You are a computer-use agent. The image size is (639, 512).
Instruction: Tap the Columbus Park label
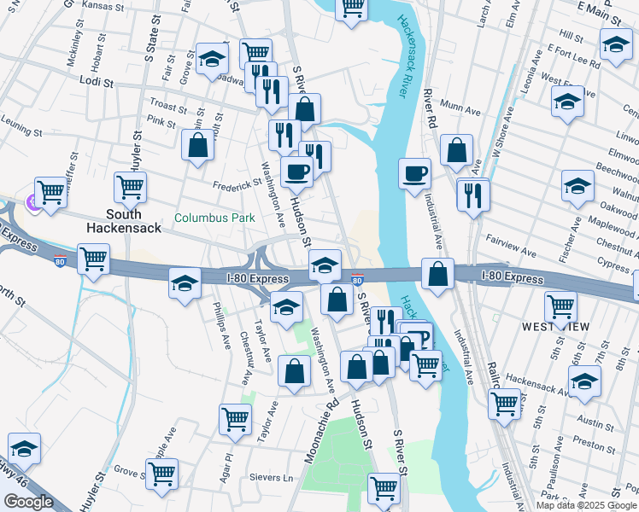tap(214, 218)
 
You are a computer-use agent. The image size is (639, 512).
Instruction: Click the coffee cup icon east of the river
tap(414, 173)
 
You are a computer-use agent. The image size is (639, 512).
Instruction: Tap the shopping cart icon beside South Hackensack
tap(129, 186)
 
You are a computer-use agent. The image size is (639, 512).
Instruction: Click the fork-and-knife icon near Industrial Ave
tap(472, 195)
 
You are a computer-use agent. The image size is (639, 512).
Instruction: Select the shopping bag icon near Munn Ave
tap(457, 149)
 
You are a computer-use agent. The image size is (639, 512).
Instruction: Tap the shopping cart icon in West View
tap(560, 305)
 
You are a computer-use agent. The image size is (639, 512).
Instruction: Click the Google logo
tap(28, 502)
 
